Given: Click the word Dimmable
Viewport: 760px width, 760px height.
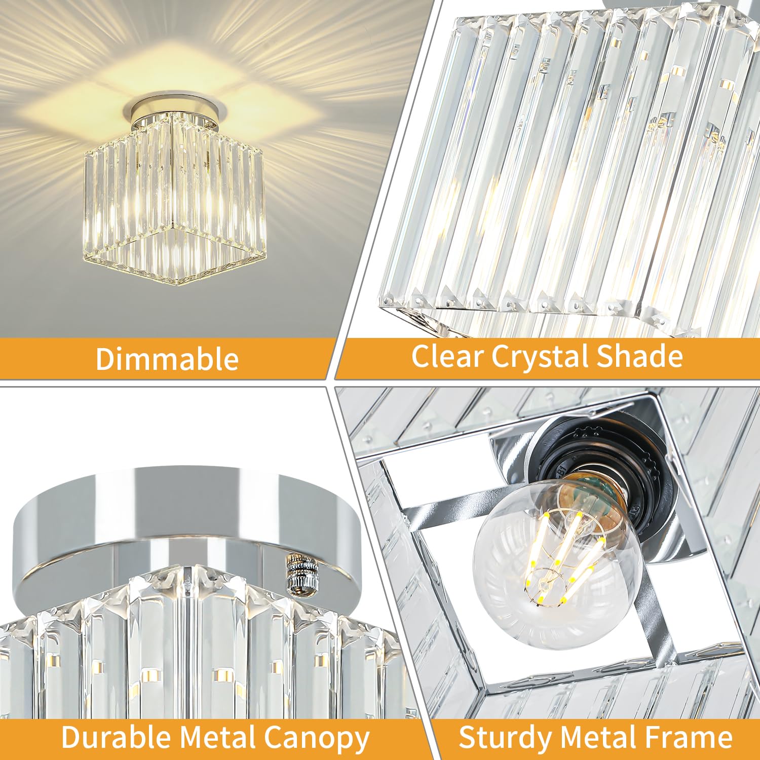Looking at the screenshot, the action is tap(167, 359).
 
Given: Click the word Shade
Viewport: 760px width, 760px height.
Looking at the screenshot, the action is tap(639, 356).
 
